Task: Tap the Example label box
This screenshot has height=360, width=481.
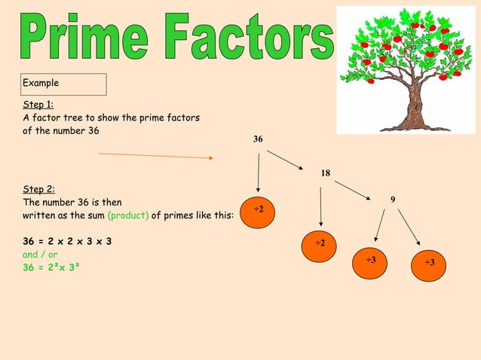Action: point(64,84)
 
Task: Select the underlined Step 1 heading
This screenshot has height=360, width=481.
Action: point(38,105)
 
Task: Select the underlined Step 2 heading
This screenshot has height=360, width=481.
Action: point(38,190)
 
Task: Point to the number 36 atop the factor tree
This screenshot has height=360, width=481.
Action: point(258,139)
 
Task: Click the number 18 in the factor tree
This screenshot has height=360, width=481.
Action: point(325,173)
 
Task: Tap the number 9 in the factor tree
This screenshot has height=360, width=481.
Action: point(393,199)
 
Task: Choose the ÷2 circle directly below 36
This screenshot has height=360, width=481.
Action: point(259,209)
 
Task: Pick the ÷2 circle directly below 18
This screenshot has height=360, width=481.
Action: point(320,243)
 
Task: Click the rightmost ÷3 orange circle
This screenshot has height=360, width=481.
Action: point(428,262)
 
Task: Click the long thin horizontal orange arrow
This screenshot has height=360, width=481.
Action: point(156,156)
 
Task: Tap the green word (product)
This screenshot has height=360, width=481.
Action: point(128,215)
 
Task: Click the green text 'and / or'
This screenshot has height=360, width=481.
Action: point(40,255)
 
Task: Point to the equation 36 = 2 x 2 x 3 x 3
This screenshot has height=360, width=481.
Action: point(67,242)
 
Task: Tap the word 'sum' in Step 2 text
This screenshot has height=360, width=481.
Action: point(95,215)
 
